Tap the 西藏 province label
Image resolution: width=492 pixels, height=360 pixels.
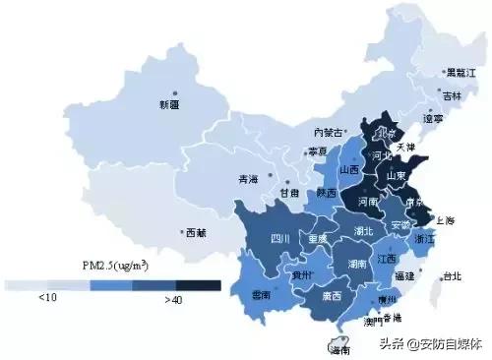point(196,234)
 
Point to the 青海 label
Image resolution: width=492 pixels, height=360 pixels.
point(250,179)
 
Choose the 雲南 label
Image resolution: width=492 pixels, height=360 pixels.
point(262,294)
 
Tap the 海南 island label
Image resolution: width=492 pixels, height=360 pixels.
point(338,349)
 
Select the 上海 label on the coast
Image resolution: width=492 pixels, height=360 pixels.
point(445,219)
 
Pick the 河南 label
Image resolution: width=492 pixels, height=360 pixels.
point(368,201)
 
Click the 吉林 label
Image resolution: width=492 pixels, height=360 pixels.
point(451,96)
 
